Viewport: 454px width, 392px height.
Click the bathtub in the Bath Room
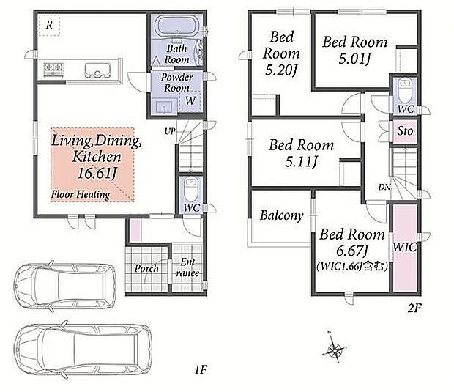tap(177, 26)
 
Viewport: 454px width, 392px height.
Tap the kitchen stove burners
tap(53, 70)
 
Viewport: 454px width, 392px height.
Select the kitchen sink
tap(97, 70)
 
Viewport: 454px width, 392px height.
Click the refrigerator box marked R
tap(49, 25)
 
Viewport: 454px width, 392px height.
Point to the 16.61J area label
tap(97, 174)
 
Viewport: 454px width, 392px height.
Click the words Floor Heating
tap(81, 194)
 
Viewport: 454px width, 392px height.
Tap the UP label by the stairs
tap(170, 131)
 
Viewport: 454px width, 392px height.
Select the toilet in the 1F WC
tap(191, 189)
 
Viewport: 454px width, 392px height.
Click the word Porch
tap(146, 269)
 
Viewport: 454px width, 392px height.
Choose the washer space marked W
tap(190, 101)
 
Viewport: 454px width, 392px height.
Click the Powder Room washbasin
tap(165, 106)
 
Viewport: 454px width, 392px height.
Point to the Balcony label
tap(281, 215)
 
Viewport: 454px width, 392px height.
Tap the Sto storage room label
tap(405, 131)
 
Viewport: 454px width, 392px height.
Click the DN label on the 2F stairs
tap(384, 187)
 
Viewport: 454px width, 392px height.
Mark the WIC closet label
tap(405, 247)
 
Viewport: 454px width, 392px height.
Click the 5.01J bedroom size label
tap(355, 59)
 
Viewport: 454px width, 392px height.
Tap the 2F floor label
tap(414, 308)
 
